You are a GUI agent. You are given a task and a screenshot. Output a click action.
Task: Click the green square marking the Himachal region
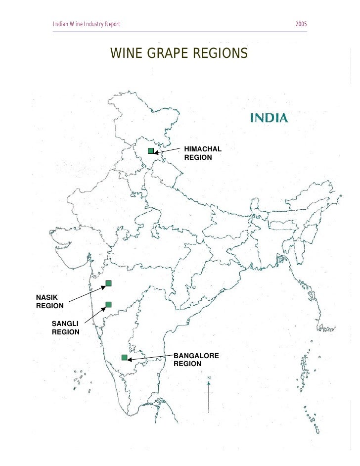(151, 151)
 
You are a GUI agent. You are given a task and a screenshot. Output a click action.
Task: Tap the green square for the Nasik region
(108, 283)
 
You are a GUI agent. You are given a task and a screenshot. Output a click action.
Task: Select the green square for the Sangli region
(108, 304)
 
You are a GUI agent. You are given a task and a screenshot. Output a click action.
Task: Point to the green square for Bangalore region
(125, 358)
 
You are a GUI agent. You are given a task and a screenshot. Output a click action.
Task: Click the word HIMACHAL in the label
(203, 149)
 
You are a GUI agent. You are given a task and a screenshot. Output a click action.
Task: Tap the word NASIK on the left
(47, 297)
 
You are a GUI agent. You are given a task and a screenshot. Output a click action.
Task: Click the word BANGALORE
(196, 355)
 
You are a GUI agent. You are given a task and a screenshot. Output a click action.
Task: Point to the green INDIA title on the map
(270, 118)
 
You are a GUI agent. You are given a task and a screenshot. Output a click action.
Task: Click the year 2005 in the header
(301, 24)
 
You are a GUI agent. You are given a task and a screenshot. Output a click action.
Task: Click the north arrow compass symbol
(209, 391)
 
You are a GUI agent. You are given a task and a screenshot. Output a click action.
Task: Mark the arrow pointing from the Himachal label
(168, 150)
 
